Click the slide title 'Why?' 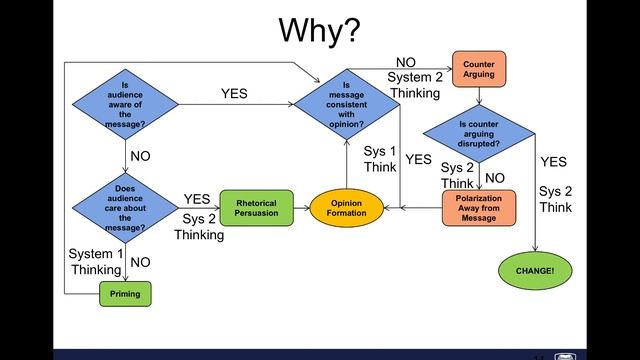click(x=319, y=31)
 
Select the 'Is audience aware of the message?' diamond click(x=125, y=104)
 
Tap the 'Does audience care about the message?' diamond click(x=125, y=208)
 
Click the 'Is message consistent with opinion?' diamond click(x=347, y=104)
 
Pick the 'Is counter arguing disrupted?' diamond click(x=479, y=134)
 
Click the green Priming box click(x=125, y=294)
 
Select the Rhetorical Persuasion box click(x=256, y=208)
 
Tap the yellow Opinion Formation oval click(x=347, y=208)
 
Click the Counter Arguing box click(x=479, y=69)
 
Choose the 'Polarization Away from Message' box click(x=479, y=208)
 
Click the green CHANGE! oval click(x=535, y=271)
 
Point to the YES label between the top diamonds click(x=234, y=93)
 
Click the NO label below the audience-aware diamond click(x=140, y=156)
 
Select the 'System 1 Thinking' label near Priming click(x=96, y=262)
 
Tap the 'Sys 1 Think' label click(x=380, y=159)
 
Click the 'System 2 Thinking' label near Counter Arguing click(x=415, y=85)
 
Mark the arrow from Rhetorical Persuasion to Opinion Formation click(x=302, y=208)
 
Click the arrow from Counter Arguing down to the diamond click(x=479, y=96)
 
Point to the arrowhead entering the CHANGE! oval click(x=535, y=249)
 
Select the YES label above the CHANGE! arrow click(x=553, y=162)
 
